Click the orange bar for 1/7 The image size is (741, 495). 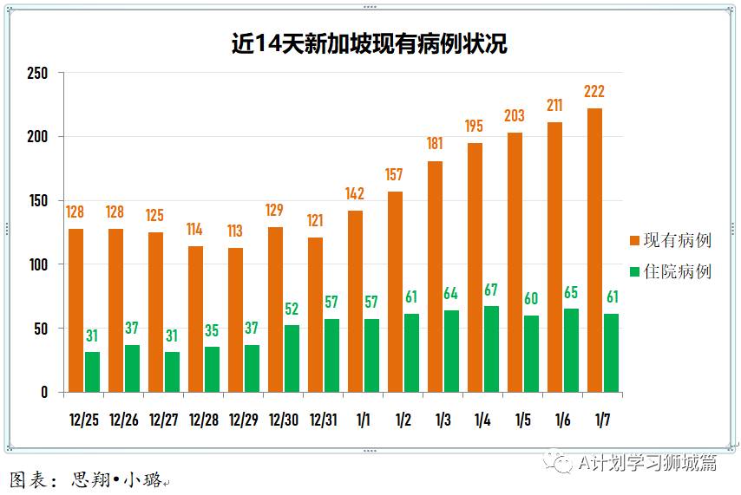594,251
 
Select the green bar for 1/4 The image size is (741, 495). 491,349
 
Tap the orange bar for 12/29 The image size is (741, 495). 235,320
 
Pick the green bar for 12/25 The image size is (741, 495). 92,372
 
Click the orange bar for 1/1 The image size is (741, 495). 355,301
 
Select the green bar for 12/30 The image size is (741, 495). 292,358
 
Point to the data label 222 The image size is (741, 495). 594,92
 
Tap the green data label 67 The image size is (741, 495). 491,290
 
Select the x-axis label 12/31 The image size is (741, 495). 324,420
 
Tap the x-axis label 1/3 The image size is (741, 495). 443,420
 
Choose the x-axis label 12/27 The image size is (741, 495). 164,420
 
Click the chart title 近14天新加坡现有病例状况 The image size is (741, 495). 370,44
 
